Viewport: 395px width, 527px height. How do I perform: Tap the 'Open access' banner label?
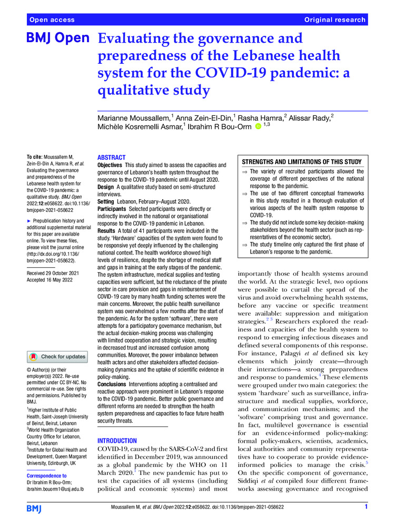[x=52, y=19]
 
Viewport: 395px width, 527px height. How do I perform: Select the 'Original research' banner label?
[x=334, y=19]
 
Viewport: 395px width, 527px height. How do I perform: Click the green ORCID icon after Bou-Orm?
[x=258, y=126]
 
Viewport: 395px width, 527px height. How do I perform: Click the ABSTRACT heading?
[x=112, y=158]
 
